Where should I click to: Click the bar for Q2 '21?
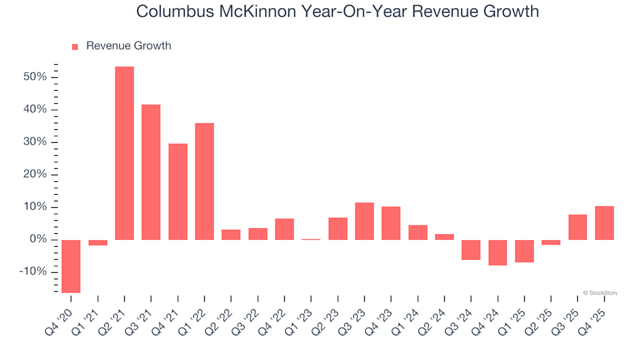[125, 153]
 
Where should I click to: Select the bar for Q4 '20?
[71, 266]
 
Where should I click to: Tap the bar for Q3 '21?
[151, 172]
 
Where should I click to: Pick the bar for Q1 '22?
[205, 181]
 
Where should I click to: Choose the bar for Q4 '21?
[178, 191]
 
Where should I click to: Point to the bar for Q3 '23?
[365, 221]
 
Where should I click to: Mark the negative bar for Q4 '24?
[498, 253]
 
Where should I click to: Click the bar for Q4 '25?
[605, 223]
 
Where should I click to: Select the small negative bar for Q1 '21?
[98, 243]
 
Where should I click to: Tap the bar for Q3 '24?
[471, 250]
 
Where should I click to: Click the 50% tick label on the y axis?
[34, 77]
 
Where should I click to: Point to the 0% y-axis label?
[37, 239]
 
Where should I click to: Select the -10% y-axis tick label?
[32, 272]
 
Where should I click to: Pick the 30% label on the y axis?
[34, 142]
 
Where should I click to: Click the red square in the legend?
[75, 47]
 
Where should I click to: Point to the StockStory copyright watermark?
[600, 292]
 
